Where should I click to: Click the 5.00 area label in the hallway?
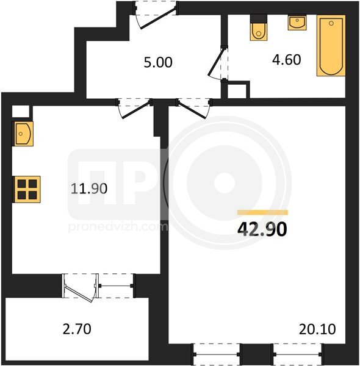point(158,63)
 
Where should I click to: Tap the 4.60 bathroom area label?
point(286,60)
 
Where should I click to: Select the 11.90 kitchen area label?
point(89,188)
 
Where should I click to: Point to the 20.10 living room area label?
point(317,329)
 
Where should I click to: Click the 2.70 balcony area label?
point(77,329)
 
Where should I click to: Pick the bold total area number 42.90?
point(262,229)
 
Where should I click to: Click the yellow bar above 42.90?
point(262,212)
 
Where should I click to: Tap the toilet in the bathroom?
point(259,28)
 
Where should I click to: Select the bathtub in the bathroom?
point(331,46)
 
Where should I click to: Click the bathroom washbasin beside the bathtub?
point(297,23)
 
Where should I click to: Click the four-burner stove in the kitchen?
point(27,189)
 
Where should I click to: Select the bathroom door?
point(218,63)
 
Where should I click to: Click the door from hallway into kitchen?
point(134,109)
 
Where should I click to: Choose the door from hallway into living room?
point(194,108)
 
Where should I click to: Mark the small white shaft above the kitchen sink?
point(21,112)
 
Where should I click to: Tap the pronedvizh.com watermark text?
point(118,227)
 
